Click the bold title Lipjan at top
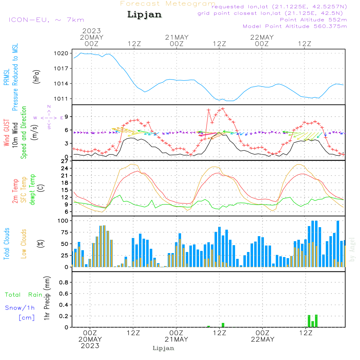[x=144, y=15]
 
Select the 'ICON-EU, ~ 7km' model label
[x=46, y=20]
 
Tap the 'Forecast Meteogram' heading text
[x=168, y=4]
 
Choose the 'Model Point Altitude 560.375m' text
[x=295, y=26]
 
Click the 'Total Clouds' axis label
[x=7, y=244]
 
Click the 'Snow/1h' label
[x=20, y=308]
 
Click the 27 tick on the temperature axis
[x=65, y=161]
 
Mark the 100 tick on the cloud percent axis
[x=63, y=220]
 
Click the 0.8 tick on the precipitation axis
[x=64, y=283]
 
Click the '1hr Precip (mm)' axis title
[x=47, y=299]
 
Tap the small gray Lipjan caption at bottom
[x=163, y=348]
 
